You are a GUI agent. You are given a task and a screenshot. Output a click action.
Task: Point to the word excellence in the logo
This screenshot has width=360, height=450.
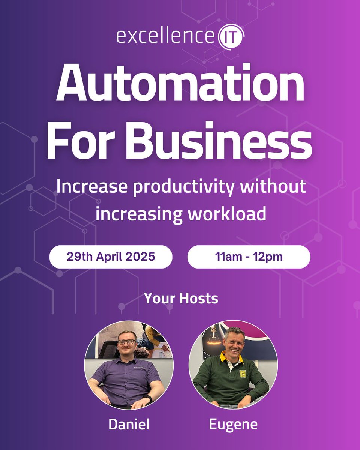[x=165, y=37]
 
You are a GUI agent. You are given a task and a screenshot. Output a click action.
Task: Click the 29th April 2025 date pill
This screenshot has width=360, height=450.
[x=111, y=257]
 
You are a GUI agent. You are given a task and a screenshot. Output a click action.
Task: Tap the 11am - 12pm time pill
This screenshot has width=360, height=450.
[x=249, y=257]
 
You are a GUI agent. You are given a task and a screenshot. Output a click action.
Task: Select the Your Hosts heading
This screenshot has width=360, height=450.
[x=181, y=298]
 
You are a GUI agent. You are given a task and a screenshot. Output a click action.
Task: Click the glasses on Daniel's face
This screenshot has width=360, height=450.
[x=127, y=342]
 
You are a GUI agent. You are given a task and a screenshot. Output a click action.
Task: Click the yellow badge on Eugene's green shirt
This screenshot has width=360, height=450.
[x=243, y=373]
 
